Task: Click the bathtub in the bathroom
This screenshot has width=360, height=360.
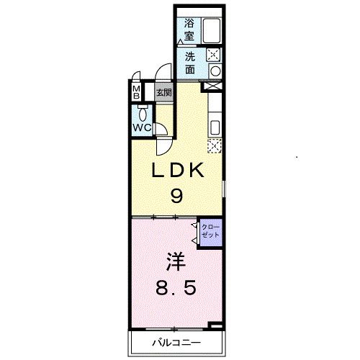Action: [x=211, y=32]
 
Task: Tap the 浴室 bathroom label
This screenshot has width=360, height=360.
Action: [x=189, y=29]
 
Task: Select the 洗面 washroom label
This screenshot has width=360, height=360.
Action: [x=190, y=63]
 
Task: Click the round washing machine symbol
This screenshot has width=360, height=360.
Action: [x=214, y=71]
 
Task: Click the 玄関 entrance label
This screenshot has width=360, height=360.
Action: [x=164, y=92]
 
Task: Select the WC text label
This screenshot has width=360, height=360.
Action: [x=142, y=128]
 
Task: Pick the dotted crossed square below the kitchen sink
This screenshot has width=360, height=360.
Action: [x=214, y=146]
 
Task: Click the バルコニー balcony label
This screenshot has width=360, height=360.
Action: [x=175, y=342]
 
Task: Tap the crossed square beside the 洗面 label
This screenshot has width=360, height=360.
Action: [x=213, y=55]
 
